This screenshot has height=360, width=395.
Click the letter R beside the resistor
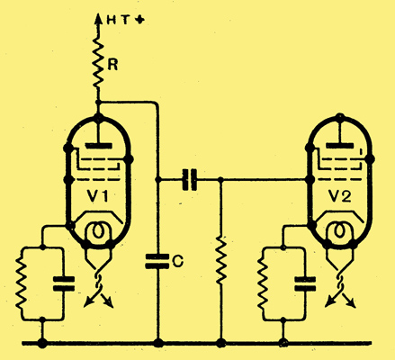click(112, 65)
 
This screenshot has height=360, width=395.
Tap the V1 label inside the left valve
click(98, 196)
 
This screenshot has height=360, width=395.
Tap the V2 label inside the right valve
click(339, 196)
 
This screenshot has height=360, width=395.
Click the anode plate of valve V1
click(99, 146)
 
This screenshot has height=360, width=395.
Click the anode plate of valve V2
click(340, 146)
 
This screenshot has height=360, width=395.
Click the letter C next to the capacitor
click(178, 262)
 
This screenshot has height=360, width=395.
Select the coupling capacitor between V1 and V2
click(190, 180)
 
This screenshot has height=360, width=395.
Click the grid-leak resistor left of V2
click(221, 260)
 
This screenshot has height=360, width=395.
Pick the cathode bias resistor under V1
click(22, 283)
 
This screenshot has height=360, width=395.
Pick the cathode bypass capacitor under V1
click(64, 283)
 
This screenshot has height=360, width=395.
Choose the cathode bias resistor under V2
click(263, 283)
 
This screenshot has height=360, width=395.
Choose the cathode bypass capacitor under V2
click(305, 283)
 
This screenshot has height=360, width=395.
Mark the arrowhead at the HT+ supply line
click(97, 19)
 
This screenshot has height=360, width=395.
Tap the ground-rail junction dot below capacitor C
click(158, 343)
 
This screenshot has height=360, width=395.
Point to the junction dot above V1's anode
click(98, 103)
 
